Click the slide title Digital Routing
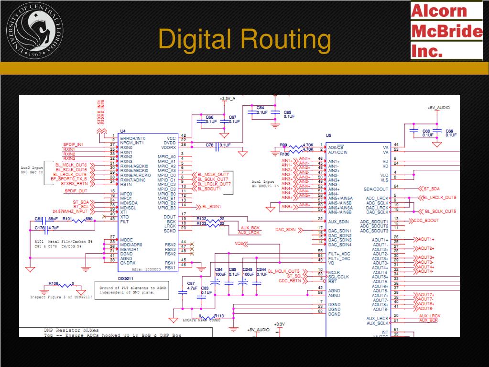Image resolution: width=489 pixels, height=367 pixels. click(244, 39)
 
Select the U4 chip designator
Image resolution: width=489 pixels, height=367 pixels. click(123, 131)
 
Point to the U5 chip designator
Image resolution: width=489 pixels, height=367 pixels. click(328, 136)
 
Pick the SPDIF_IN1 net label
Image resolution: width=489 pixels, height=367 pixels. click(73, 145)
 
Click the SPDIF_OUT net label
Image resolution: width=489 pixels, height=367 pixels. click(76, 191)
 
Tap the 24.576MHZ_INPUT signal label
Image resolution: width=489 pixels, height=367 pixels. click(70, 211)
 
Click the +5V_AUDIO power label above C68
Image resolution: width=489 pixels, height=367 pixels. click(438, 108)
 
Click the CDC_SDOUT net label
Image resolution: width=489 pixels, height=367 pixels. click(425, 221)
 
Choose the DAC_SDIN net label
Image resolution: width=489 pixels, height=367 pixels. click(285, 230)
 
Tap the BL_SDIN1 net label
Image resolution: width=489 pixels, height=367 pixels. click(211, 206)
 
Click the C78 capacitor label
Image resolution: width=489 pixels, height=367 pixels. click(209, 145)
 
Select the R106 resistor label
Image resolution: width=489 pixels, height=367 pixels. click(53, 283)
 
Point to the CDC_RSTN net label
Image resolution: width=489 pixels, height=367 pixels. click(290, 281)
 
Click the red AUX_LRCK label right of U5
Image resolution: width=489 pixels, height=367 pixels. click(429, 316)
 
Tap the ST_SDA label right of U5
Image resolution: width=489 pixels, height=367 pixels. click(431, 189)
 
